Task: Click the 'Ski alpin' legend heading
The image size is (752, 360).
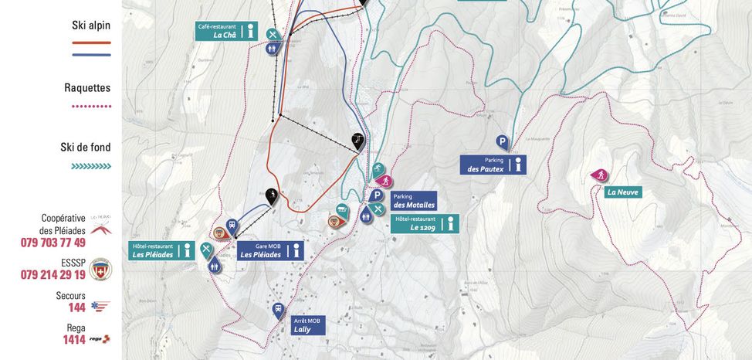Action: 91,25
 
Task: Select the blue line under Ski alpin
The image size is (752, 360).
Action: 91,55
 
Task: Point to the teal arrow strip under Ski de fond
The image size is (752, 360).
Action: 91,166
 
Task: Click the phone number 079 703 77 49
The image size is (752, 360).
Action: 53,243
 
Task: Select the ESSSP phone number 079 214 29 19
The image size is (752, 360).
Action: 53,275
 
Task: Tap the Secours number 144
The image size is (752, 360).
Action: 76,307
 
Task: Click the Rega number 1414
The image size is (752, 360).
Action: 74,339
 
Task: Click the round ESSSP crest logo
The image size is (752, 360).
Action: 101,269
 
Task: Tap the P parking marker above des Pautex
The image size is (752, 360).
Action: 502,142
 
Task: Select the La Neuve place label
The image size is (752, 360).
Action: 623,192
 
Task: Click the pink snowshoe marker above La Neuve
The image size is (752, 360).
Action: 598,175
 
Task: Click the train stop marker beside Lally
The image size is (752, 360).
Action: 278,311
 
